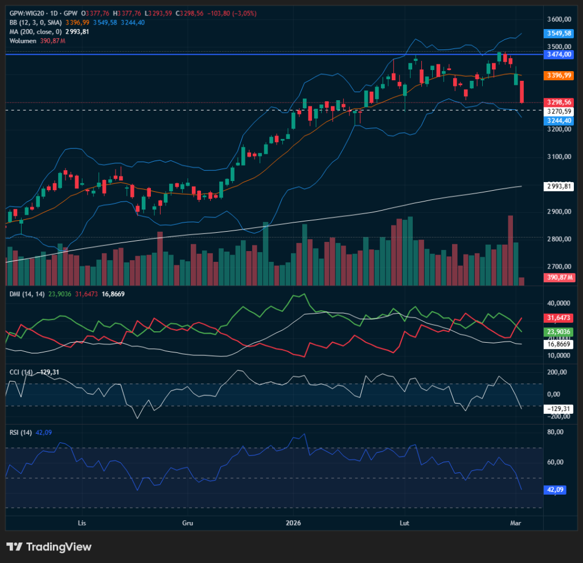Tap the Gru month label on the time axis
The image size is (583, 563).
[x=188, y=523]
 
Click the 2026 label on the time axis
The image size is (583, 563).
[x=293, y=523]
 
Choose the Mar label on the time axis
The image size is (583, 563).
[x=516, y=523]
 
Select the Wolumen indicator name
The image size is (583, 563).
[x=23, y=41]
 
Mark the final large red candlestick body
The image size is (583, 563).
[x=522, y=92]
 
